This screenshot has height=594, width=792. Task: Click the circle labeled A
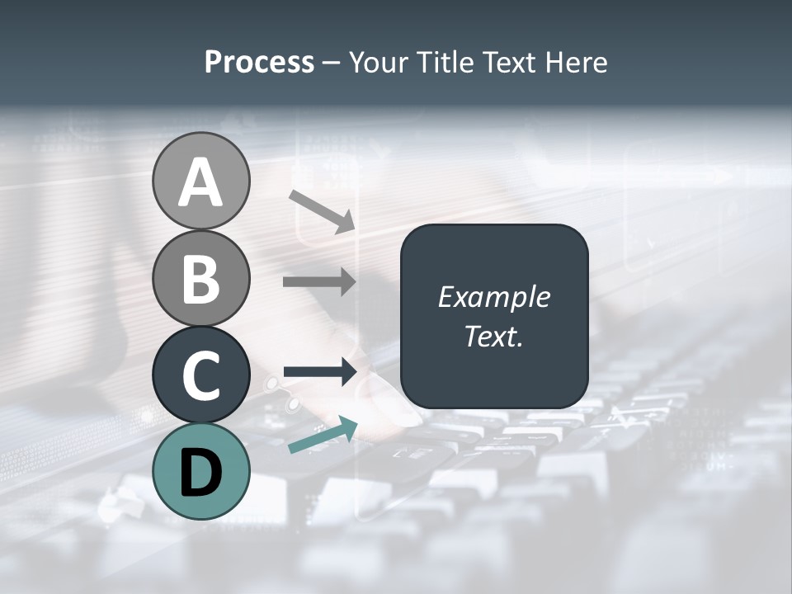(200, 181)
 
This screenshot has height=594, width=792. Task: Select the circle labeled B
(200, 278)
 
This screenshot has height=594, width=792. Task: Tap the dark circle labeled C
(200, 375)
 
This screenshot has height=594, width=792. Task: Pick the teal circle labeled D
(200, 471)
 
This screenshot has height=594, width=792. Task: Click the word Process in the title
(259, 62)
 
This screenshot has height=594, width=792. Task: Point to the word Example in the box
(494, 297)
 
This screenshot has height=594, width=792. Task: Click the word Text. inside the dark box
(494, 336)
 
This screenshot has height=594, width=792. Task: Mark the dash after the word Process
(331, 63)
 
